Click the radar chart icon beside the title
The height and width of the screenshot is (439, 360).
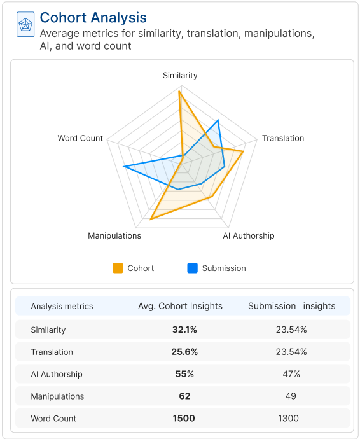(x=25, y=25)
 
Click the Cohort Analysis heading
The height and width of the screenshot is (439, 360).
(x=93, y=18)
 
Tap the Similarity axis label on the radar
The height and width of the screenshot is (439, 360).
(x=180, y=75)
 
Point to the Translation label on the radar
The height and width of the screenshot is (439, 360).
(x=283, y=138)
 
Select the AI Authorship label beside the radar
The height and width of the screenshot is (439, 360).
(x=248, y=235)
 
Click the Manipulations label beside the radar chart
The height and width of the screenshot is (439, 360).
(x=114, y=235)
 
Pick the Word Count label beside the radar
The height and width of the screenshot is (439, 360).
(x=80, y=138)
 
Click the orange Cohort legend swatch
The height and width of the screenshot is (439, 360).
(x=118, y=268)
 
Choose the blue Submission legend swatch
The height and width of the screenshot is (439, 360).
(x=192, y=268)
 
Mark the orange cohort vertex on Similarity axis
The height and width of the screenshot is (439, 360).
(x=180, y=92)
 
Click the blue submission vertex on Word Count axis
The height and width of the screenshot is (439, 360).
(x=125, y=167)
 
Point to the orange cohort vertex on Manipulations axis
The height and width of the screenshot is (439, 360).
(x=151, y=219)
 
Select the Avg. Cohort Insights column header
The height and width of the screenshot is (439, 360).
(x=180, y=306)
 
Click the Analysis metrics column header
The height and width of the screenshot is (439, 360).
(x=62, y=306)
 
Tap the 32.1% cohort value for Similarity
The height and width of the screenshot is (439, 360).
(x=184, y=330)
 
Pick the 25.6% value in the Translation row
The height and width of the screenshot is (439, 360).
(x=184, y=352)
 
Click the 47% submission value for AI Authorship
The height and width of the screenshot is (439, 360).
(x=291, y=374)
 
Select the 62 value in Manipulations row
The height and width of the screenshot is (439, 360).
(x=184, y=396)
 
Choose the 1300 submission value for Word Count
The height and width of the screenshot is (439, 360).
(x=291, y=418)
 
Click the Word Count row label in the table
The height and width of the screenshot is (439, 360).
(x=53, y=418)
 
